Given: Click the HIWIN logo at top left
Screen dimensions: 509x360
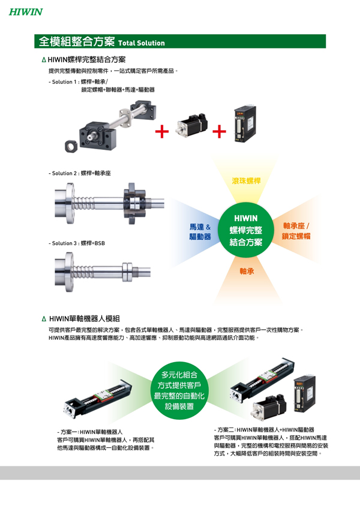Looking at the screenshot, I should click(25, 11).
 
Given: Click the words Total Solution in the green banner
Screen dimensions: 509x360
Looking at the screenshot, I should click(142, 43).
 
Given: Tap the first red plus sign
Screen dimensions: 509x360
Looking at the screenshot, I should click(162, 131).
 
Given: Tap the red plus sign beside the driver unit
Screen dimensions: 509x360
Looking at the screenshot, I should click(219, 131).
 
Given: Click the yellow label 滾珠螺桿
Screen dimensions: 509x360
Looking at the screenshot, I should click(246, 181).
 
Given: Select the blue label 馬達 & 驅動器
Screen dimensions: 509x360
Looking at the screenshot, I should click(200, 231).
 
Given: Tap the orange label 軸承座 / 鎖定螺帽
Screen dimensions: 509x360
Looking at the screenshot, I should click(296, 231).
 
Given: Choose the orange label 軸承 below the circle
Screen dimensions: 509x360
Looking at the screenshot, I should click(247, 271).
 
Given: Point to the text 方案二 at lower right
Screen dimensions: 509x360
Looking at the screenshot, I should click(225, 430).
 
